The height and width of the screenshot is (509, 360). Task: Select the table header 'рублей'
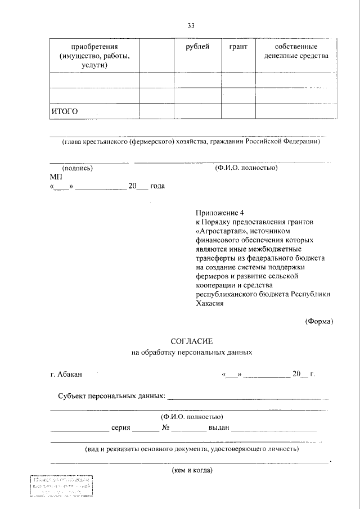tap(197, 47)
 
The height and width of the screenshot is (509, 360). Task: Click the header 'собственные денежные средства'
tap(296, 51)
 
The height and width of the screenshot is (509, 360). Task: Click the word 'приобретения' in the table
tap(94, 47)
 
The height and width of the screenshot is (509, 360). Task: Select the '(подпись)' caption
tap(77, 168)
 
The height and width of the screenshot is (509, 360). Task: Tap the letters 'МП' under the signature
tap(56, 177)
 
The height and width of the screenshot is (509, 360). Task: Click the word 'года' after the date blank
tap(157, 186)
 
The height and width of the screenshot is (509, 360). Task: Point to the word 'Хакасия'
tap(210, 303)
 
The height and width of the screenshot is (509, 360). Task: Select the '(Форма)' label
tap(319, 321)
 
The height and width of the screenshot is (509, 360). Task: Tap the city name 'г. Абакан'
tap(66, 374)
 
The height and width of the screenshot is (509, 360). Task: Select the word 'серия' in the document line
tap(121, 427)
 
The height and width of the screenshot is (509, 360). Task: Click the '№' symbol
tap(166, 427)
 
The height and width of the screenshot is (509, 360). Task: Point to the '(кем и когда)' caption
tap(192, 470)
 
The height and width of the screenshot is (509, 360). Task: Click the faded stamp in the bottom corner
tap(61, 487)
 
